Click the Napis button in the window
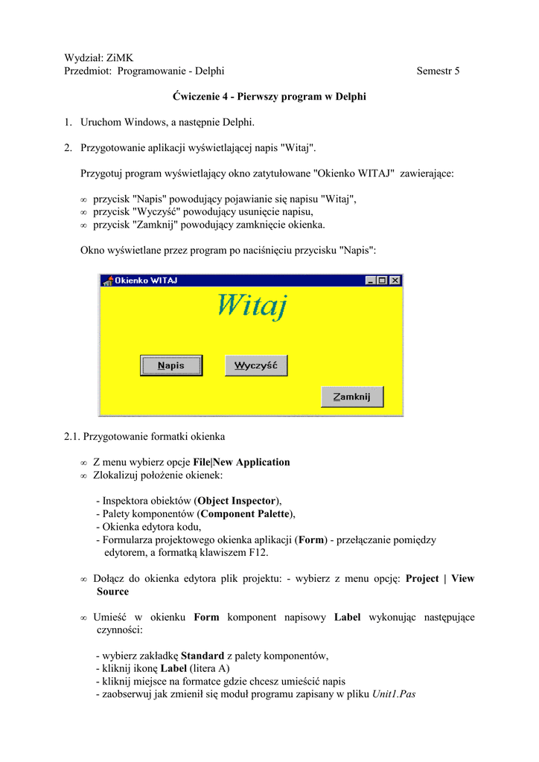pyautogui.click(x=171, y=365)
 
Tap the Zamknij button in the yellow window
pyautogui.click(x=352, y=397)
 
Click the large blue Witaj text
pyautogui.click(x=252, y=305)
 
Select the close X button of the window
pyautogui.click(x=395, y=281)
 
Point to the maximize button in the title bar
pyautogui.click(x=383, y=281)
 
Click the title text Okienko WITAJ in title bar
pyautogui.click(x=146, y=281)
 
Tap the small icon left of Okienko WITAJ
pyautogui.click(x=107, y=281)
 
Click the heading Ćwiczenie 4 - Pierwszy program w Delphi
pyautogui.click(x=269, y=97)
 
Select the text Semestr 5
pyautogui.click(x=438, y=71)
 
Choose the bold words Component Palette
pyautogui.click(x=246, y=513)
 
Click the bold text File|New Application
pyautogui.click(x=241, y=462)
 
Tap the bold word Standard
pyautogui.click(x=202, y=656)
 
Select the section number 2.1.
pyautogui.click(x=72, y=436)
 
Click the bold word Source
pyautogui.click(x=112, y=591)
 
